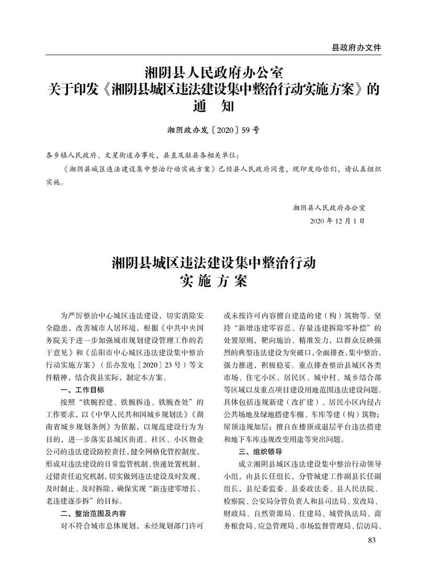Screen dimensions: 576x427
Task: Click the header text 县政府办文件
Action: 356,47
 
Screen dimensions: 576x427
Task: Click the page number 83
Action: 373,540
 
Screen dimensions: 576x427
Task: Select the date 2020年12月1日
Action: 338,221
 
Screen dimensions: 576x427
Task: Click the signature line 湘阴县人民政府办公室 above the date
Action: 330,207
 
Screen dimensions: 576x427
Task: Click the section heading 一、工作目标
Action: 83,390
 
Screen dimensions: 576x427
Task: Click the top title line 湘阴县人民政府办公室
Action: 213,70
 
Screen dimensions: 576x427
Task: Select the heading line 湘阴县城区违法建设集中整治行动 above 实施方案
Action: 213,262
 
